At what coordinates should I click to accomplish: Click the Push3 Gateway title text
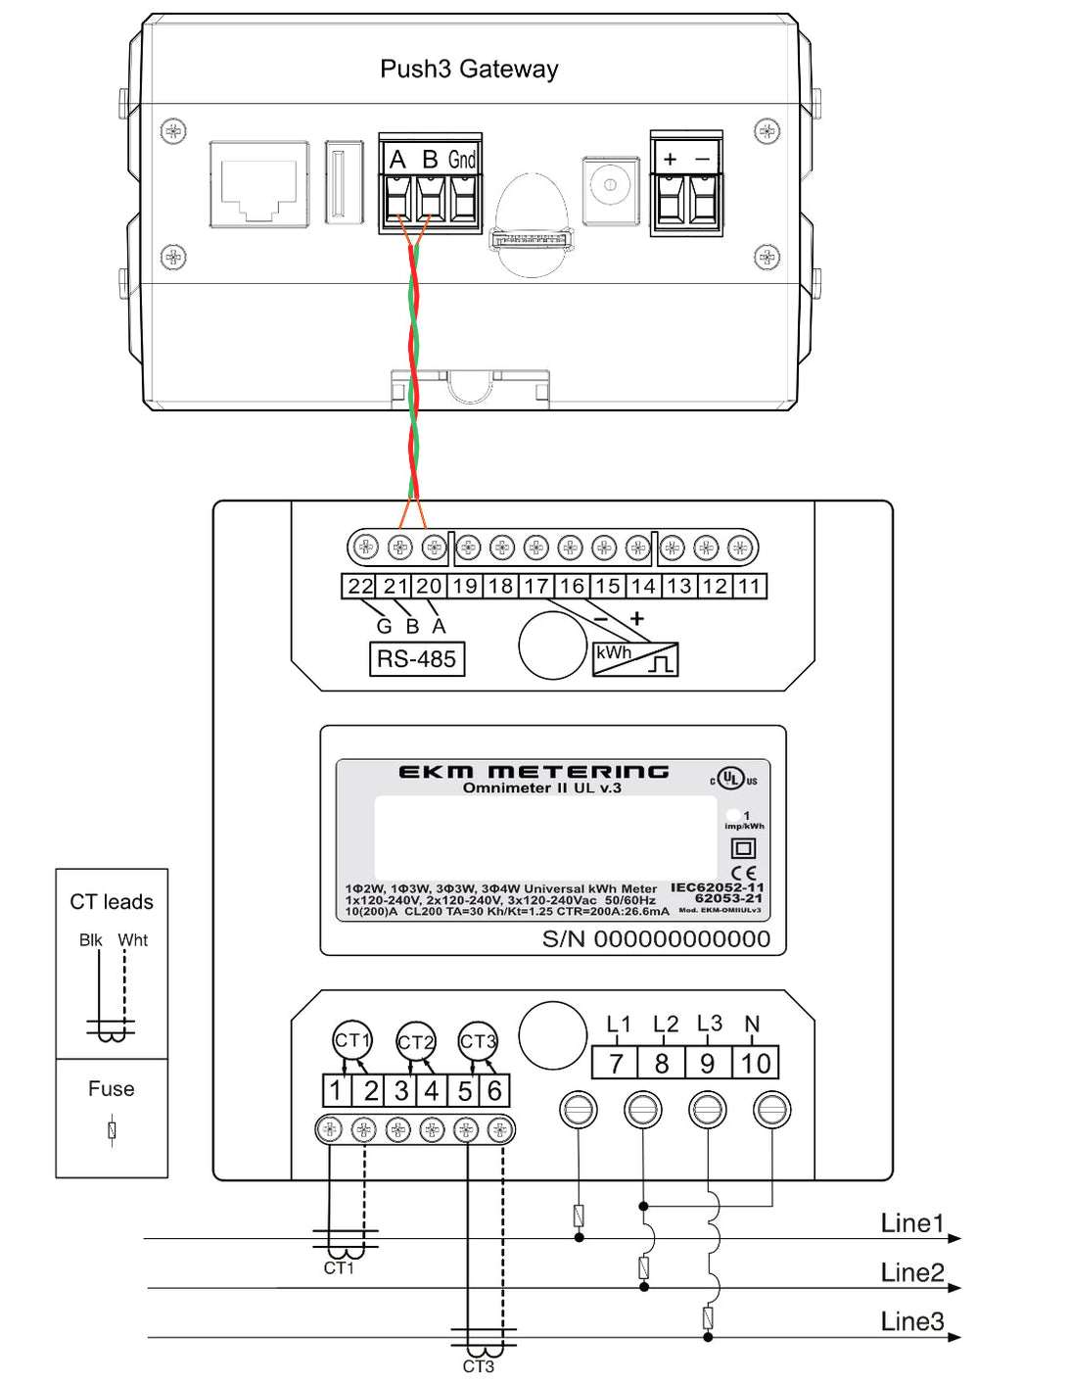coord(469,70)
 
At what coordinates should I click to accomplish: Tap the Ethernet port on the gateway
coord(259,185)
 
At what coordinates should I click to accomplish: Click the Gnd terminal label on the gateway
coord(462,160)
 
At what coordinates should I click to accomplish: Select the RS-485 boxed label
coord(416,659)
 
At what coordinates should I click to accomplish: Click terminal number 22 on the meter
coord(360,587)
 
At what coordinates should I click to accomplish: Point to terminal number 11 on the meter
coord(749,587)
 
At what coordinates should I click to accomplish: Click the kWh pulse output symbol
coord(635,659)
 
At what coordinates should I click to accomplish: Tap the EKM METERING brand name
coord(534,772)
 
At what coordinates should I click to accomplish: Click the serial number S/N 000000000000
coord(656,939)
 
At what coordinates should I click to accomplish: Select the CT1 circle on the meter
coord(352,1040)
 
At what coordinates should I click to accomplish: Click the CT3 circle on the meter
coord(478,1041)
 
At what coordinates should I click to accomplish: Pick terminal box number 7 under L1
coord(616,1064)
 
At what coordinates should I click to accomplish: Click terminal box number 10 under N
coord(756,1064)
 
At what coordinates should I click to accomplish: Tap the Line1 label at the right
coord(911,1223)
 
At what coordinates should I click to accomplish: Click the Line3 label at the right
coord(911,1321)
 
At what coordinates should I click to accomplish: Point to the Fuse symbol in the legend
coord(112,1130)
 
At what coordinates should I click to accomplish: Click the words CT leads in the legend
coord(112,902)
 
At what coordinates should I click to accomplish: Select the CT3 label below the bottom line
coord(478,1366)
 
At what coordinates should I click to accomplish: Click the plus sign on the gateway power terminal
coord(670,160)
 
